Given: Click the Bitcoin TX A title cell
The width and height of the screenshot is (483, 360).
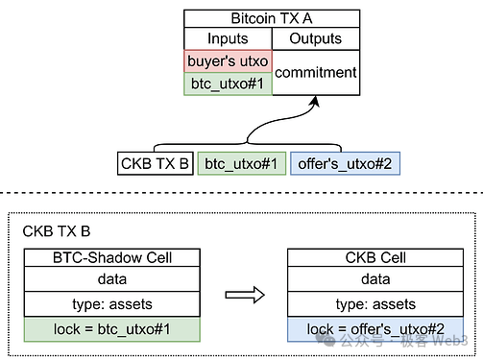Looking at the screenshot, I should (273, 17).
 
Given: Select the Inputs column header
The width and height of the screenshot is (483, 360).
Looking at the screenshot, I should (228, 38).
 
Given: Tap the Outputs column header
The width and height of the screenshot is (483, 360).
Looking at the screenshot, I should (316, 38).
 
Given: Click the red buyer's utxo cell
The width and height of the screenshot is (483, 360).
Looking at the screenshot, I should (228, 61).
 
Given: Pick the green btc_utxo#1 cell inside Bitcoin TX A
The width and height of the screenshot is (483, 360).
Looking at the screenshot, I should (228, 84).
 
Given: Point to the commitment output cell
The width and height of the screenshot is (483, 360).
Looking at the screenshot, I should (316, 72).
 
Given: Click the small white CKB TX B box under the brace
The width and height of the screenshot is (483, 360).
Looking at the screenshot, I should (154, 164).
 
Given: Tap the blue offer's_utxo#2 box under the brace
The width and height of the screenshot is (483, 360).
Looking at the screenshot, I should (345, 164).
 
